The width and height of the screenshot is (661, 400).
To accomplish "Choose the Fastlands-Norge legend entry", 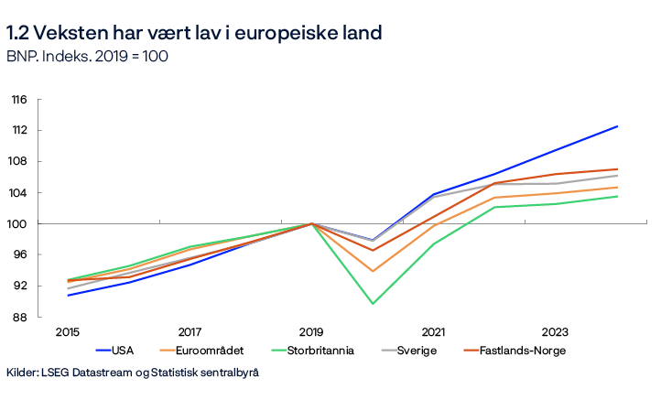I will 514,351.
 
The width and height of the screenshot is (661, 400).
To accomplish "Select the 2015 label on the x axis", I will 68,332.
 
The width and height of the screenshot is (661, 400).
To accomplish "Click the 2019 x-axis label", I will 311,332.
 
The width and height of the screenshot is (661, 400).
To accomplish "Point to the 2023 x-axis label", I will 556,332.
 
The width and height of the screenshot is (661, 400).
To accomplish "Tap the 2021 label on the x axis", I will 433,332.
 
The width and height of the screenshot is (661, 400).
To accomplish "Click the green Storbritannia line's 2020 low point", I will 373,303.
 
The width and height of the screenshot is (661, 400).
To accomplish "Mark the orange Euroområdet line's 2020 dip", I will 373,271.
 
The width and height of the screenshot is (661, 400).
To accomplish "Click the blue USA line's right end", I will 617,126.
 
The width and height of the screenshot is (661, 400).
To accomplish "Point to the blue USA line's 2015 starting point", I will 68,295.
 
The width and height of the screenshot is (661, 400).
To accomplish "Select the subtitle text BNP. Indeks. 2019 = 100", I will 87,57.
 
